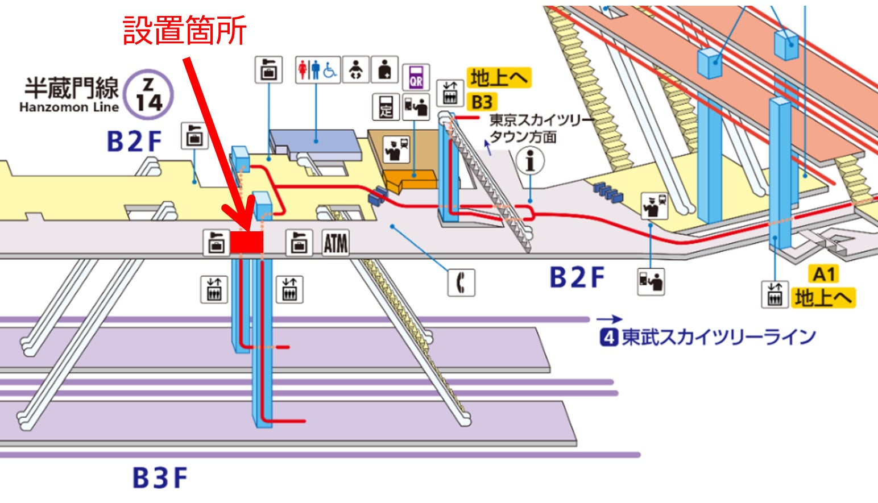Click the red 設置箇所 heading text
tap(184, 31)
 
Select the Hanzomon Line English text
tap(69, 107)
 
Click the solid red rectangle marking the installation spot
tap(247, 242)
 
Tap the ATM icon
tap(336, 243)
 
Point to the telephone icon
tap(461, 282)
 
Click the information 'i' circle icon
tap(530, 161)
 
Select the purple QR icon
tap(416, 77)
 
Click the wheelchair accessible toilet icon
tap(330, 70)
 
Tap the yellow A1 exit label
tap(823, 275)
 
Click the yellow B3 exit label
tap(482, 102)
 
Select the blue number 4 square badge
tap(608, 338)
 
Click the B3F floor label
tap(160, 478)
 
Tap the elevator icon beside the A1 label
tap(775, 294)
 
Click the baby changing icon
tap(355, 70)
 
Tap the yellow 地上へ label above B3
tap(499, 78)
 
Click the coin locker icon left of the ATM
tap(299, 243)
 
